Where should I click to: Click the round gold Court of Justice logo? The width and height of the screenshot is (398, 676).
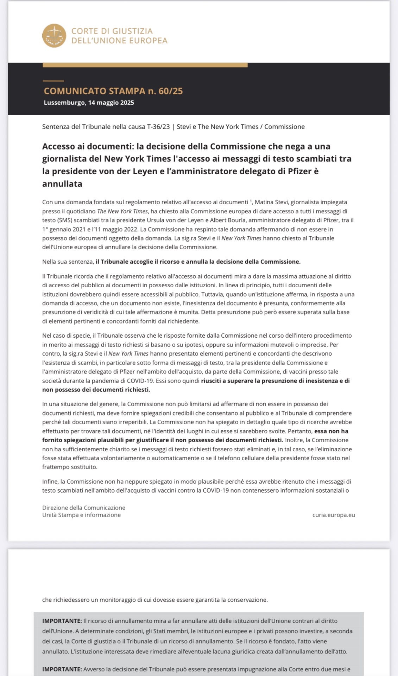[x=54, y=36]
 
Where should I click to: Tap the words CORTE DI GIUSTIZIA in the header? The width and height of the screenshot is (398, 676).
[x=112, y=31]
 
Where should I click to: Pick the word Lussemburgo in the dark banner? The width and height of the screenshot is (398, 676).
[x=64, y=103]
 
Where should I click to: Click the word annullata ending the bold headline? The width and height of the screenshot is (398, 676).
[x=62, y=184]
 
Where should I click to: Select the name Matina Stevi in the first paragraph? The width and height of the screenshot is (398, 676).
[x=271, y=202]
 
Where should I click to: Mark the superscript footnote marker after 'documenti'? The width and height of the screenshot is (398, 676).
[x=251, y=201]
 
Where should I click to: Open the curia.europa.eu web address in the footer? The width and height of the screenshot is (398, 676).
[x=333, y=515]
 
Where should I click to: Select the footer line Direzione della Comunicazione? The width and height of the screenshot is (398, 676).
[x=83, y=508]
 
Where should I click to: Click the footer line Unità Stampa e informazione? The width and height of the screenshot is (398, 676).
[x=81, y=515]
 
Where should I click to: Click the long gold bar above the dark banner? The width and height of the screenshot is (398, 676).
[x=145, y=65]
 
